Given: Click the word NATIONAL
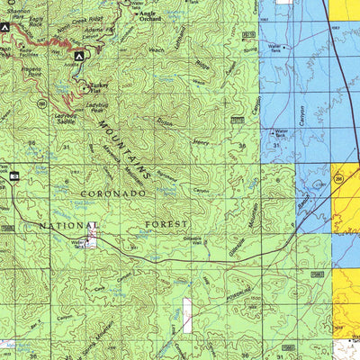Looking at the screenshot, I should coord(68,225).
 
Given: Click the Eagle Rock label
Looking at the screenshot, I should coord(36,20).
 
